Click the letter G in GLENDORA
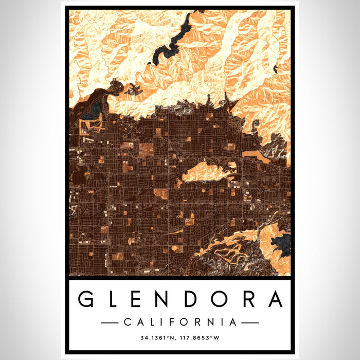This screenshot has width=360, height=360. (x=86, y=299)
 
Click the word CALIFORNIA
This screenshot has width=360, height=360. (x=180, y=322)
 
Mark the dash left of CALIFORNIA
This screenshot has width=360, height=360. (x=110, y=322)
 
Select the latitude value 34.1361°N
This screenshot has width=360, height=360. (x=157, y=338)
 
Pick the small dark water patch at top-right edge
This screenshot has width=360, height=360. (x=276, y=68)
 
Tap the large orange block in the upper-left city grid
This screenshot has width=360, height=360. (x=146, y=150)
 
